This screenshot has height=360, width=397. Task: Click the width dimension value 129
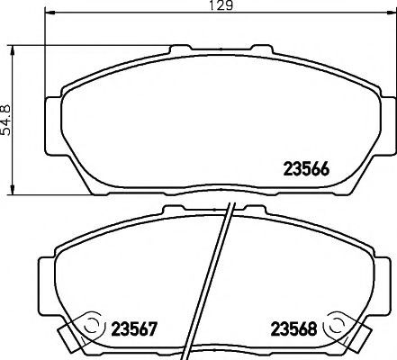pyautogui.click(x=221, y=4)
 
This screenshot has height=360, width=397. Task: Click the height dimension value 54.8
pyautogui.click(x=5, y=120)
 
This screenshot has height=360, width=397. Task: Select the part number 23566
pyautogui.click(x=306, y=169)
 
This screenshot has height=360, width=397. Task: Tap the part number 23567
pyautogui.click(x=134, y=329)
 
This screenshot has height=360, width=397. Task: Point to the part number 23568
pyautogui.click(x=293, y=329)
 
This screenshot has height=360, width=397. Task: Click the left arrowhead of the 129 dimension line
pyautogui.click(x=50, y=13)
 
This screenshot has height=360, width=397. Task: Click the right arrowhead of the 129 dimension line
pyautogui.click(x=390, y=13)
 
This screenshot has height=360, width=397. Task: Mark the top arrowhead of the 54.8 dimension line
pyautogui.click(x=13, y=50)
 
